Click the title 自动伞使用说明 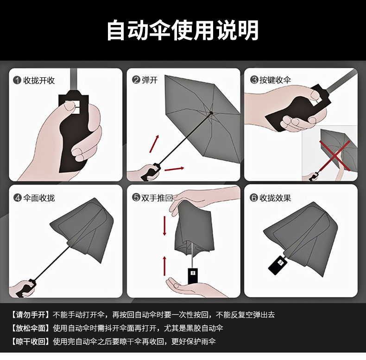coord(183,31)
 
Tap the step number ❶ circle coord(17,80)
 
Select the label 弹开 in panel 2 coord(150,80)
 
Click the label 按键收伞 coord(275,80)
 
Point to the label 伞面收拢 coord(39,198)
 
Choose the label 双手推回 coord(157,198)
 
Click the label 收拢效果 coord(275,198)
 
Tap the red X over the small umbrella coord(335,155)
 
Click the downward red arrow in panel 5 coord(164,226)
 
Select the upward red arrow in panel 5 coord(164,266)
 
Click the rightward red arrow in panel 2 coord(174,169)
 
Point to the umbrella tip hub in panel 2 coord(211,113)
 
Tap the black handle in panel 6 coord(278,264)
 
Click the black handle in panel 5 coord(193,276)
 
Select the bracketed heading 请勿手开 coord(31,315)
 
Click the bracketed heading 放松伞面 coord(31,328)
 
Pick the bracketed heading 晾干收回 coord(31,341)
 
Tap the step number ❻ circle coord(254,198)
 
